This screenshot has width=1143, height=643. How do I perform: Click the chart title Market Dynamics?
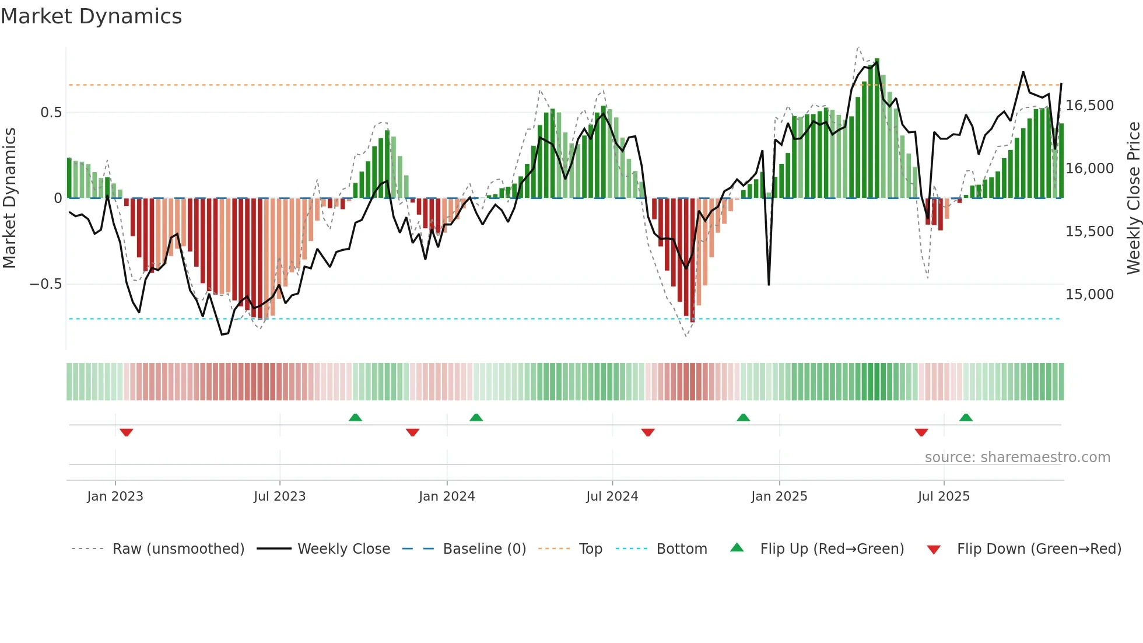click(x=91, y=16)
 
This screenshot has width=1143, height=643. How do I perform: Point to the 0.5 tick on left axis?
click(x=51, y=113)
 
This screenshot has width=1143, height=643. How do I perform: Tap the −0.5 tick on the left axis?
click(x=46, y=284)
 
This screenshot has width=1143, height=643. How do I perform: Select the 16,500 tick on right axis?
click(x=1089, y=106)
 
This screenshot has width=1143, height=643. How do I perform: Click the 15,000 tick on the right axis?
click(x=1089, y=295)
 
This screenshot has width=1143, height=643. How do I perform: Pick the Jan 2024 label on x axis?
click(x=447, y=497)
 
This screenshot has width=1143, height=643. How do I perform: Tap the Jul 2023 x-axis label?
click(x=279, y=497)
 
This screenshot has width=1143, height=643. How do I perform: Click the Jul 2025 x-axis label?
click(x=944, y=497)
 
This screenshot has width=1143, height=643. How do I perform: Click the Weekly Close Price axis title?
click(x=1133, y=198)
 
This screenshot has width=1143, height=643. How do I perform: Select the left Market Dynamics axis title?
click(x=10, y=198)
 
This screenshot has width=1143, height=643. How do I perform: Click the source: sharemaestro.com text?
click(x=1017, y=457)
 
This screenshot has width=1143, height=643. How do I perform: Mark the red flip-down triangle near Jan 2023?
click(x=127, y=432)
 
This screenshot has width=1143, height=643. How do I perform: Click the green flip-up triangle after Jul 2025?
click(x=966, y=417)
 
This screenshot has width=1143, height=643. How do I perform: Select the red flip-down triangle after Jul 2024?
click(x=648, y=432)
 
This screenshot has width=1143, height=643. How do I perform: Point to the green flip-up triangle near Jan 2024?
click(x=476, y=417)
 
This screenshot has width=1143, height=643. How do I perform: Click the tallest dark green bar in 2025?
click(x=877, y=128)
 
